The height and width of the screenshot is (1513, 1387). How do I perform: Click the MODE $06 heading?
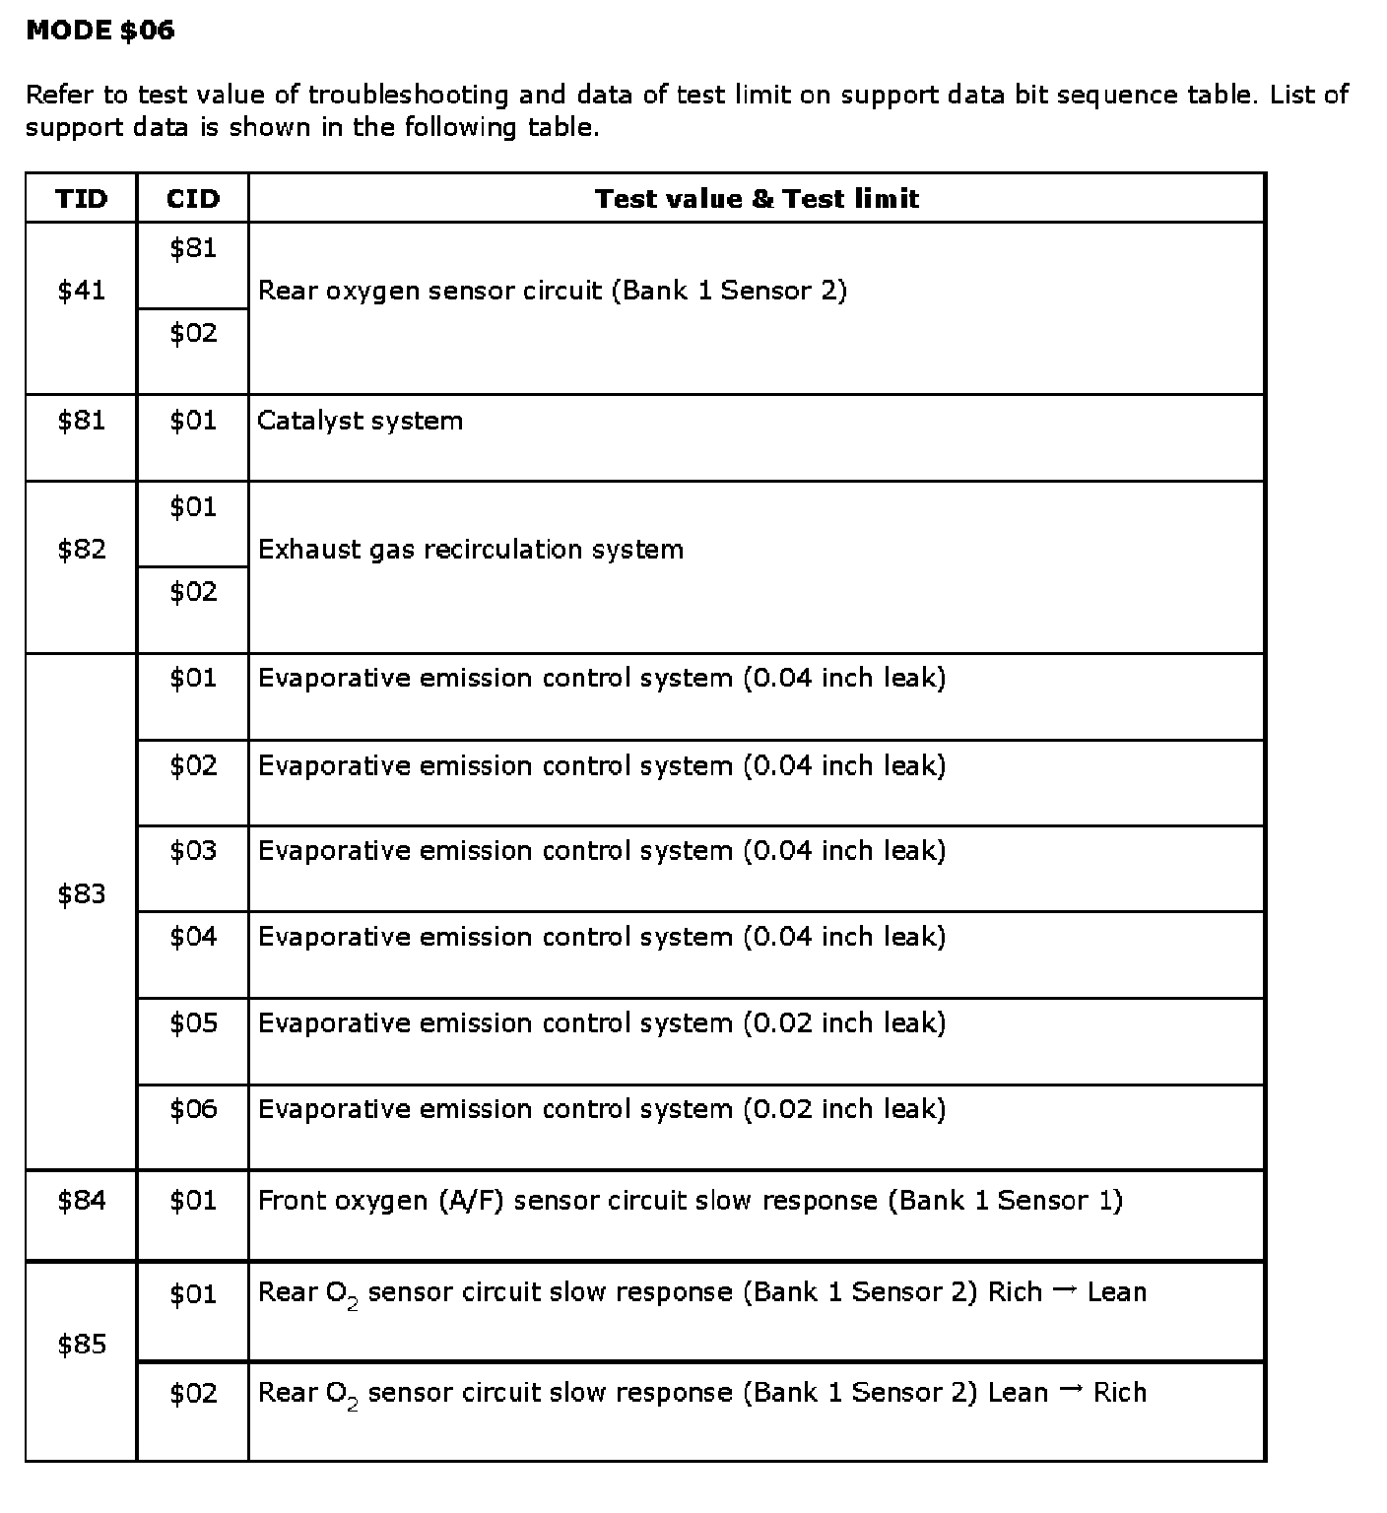coord(99,31)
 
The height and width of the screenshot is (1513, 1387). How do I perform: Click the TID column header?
coord(81,199)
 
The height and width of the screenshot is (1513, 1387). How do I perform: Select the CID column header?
coord(193,199)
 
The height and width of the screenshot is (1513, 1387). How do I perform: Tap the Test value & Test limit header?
coord(757,199)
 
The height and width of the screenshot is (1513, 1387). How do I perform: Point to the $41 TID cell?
coord(81,291)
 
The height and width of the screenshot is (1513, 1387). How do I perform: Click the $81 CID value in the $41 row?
coord(193,248)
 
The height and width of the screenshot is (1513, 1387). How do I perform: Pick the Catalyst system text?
coord(360,422)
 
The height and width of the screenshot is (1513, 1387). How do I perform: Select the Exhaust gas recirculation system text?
coord(470,550)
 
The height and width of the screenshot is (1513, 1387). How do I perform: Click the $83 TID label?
coord(81,894)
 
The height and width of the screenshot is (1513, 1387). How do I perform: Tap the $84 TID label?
coord(81,1201)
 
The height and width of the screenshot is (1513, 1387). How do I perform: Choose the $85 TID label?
coord(81,1345)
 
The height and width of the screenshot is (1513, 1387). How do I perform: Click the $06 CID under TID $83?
coord(193,1110)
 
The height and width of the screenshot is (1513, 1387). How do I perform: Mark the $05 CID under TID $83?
coord(193,1023)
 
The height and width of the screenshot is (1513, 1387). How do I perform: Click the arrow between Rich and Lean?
coord(1064,1291)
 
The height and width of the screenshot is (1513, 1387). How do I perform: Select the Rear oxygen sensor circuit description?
coord(552,291)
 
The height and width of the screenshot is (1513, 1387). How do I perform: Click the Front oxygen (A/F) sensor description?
coord(690,1201)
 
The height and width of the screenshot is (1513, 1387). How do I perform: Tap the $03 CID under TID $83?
coord(193,851)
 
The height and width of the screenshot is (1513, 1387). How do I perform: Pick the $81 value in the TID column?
coord(81,422)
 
